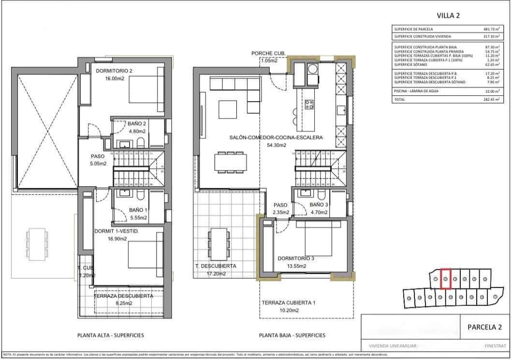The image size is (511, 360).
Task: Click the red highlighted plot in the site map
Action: pos(446,279)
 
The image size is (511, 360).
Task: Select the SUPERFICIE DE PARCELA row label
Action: pos(413,29)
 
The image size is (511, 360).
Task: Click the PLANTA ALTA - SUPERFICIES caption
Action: pos(111,335)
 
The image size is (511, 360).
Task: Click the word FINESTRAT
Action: pos(495,346)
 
